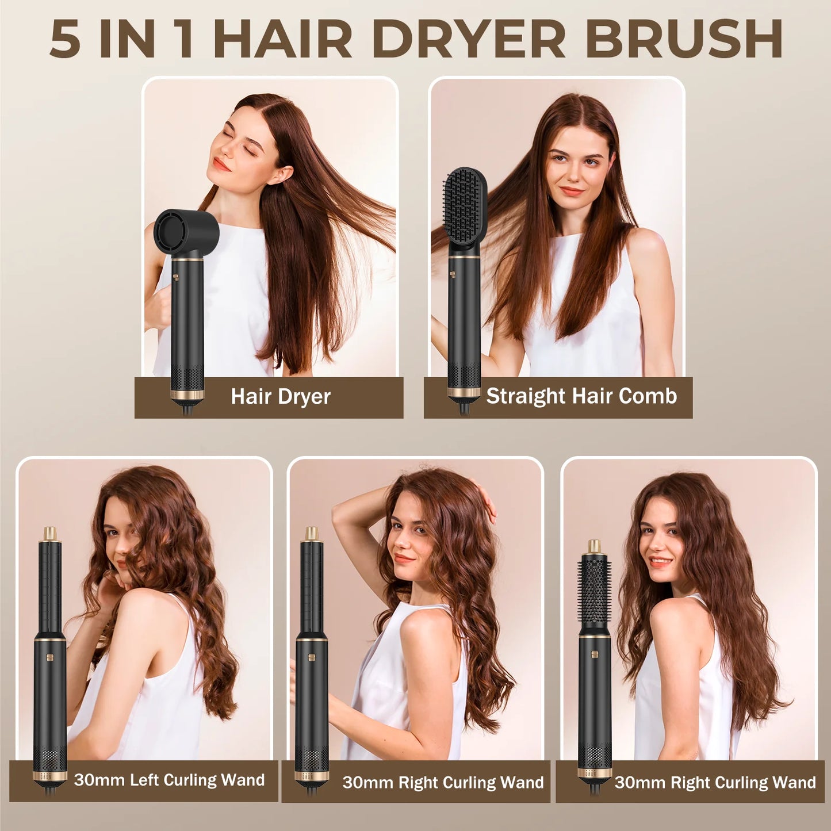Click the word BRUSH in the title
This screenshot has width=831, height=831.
[683, 39]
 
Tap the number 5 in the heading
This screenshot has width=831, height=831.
[65, 39]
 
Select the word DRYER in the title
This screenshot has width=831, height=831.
[469, 39]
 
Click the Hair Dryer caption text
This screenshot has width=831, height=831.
[281, 397]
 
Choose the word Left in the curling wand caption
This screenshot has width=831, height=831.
[144, 780]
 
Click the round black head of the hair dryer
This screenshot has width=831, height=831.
[185, 232]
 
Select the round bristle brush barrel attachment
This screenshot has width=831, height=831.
[594, 592]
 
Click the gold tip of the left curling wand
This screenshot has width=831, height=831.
[50, 533]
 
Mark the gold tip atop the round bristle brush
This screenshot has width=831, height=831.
[595, 546]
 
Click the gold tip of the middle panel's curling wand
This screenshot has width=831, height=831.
[312, 533]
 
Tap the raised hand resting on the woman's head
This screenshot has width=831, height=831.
[487, 500]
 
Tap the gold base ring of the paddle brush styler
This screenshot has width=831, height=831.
[464, 393]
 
